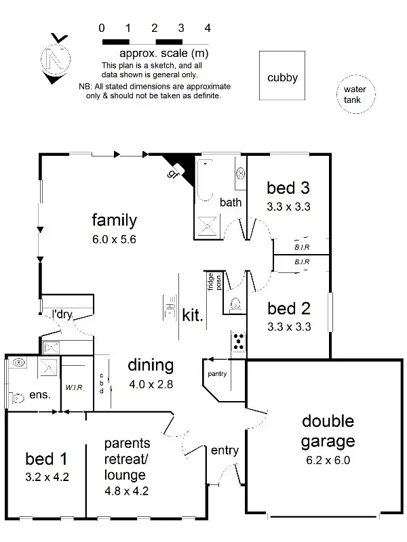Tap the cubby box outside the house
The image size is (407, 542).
[282, 77]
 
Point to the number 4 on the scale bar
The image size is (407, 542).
[208, 28]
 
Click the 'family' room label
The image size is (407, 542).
[114, 220]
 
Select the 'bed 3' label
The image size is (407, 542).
[288, 188]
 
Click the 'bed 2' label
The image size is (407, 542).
[288, 309]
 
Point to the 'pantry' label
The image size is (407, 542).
[217, 374]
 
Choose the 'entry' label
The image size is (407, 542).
[225, 451]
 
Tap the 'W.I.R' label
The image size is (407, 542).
[74, 388]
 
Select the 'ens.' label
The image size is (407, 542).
[39, 394]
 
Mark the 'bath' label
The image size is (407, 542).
[231, 202]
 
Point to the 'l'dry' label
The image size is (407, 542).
[62, 314]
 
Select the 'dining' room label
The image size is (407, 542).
[151, 366]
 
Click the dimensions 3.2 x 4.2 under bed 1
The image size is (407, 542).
[47, 476]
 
